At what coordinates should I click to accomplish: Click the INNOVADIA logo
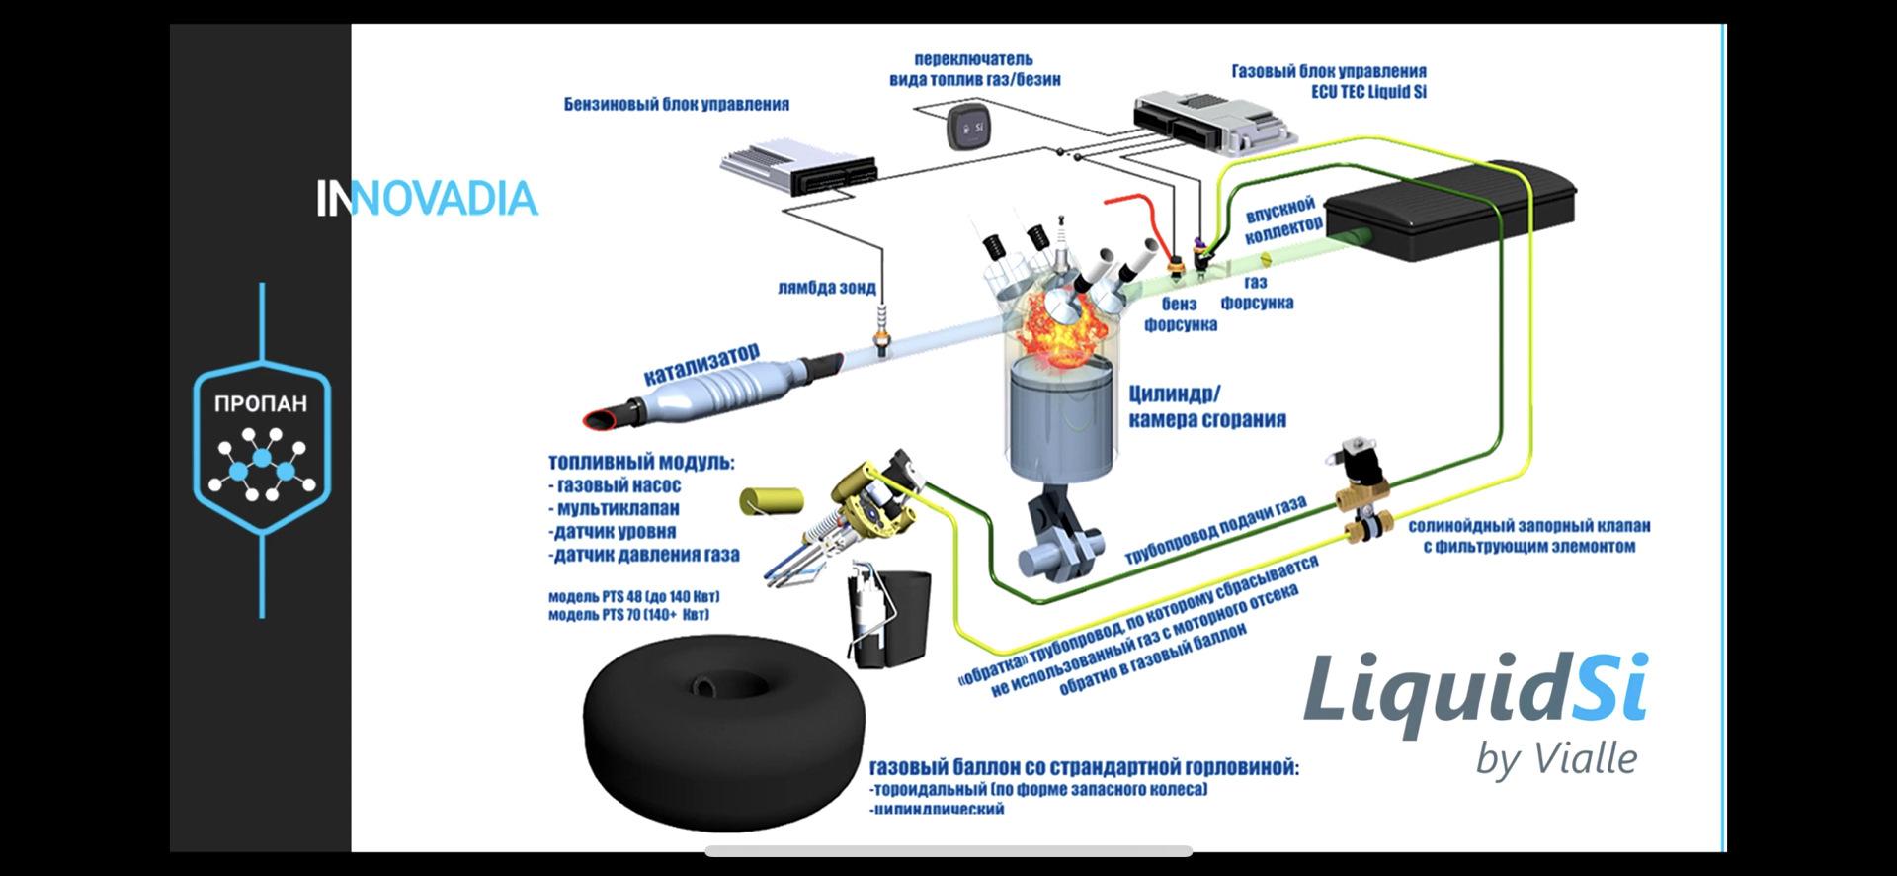pyautogui.click(x=427, y=199)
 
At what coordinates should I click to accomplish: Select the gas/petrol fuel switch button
pyautogui.click(x=970, y=128)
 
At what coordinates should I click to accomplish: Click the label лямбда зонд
pyautogui.click(x=826, y=288)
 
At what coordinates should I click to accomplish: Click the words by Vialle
pyautogui.click(x=1556, y=759)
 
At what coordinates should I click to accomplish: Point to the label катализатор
pyautogui.click(x=701, y=364)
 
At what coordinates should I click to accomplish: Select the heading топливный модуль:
pyautogui.click(x=641, y=463)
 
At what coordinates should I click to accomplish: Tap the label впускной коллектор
pyautogui.click(x=1281, y=220)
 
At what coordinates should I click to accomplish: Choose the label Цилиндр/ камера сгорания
pyautogui.click(x=1206, y=406)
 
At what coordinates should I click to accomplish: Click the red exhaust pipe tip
pyautogui.click(x=597, y=419)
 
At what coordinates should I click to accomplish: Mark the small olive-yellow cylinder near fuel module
pyautogui.click(x=767, y=500)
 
